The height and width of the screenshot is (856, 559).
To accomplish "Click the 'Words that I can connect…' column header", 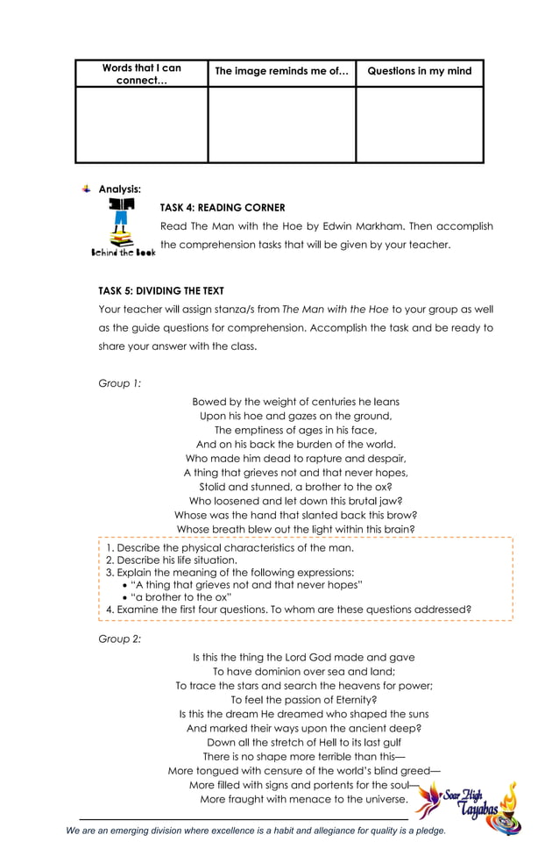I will tap(141, 74).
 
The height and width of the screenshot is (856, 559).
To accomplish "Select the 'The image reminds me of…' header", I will tap(281, 71).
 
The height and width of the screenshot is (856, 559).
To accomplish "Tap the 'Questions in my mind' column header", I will tap(419, 71).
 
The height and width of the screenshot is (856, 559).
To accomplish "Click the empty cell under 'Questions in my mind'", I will tap(419, 125).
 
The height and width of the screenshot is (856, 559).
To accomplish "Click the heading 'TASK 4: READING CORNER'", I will tap(223, 208).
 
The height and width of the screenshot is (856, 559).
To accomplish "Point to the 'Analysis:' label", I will tap(120, 189).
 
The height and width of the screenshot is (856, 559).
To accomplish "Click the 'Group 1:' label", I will tap(120, 382).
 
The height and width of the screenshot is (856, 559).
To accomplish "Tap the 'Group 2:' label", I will tap(120, 638).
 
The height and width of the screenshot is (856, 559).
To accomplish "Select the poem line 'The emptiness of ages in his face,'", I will tap(296, 430).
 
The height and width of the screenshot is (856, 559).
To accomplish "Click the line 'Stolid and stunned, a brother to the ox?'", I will tap(295, 486).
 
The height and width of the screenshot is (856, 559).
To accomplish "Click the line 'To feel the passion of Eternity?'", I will tap(304, 699).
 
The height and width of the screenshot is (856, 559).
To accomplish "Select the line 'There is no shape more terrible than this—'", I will tap(304, 756).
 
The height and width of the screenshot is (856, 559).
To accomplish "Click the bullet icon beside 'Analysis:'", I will tap(87, 189).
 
